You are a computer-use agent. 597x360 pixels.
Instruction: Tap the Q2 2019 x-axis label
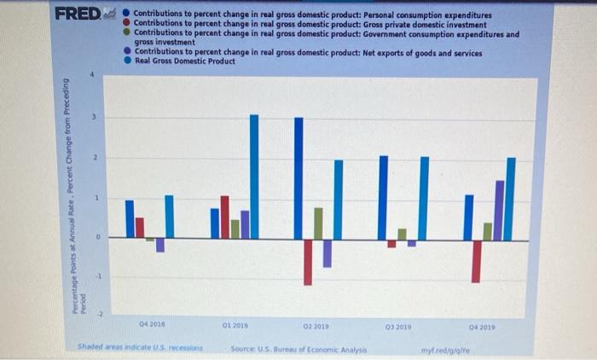tap(314, 325)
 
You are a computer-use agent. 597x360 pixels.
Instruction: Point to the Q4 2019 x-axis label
tap(481, 326)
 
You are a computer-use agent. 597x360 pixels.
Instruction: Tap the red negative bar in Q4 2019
tap(476, 260)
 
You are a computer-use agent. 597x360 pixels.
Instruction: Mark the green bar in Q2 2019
tap(318, 223)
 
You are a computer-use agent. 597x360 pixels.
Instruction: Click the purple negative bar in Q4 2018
tap(159, 245)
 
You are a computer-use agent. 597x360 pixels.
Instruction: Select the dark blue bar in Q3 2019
tap(383, 197)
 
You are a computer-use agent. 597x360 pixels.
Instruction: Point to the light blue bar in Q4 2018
tap(169, 217)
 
